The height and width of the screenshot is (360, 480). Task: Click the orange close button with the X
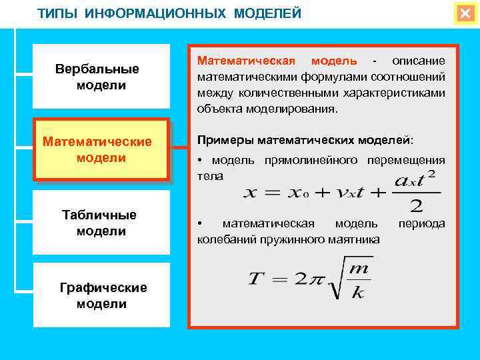point(465,13)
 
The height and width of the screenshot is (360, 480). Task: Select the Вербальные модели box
point(101,77)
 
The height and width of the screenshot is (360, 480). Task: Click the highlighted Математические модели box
point(101,150)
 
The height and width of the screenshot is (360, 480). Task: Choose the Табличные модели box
point(101,223)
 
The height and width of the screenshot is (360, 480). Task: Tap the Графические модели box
point(101,295)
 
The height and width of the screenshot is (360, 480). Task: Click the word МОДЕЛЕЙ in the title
point(267,14)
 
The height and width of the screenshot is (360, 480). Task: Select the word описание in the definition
point(418,61)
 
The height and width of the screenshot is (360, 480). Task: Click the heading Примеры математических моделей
point(305,141)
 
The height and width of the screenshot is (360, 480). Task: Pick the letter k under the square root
point(358,291)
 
